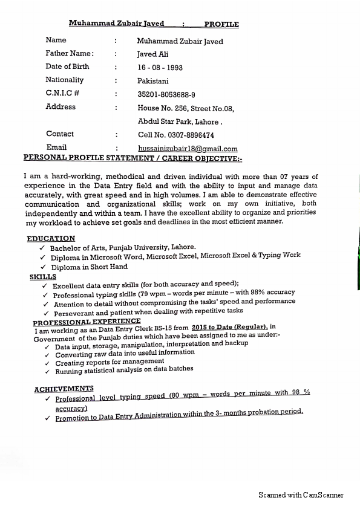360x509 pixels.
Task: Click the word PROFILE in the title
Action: (x=221, y=25)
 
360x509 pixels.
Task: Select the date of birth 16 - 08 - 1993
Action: (x=160, y=68)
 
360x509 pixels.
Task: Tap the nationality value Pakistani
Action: (x=153, y=81)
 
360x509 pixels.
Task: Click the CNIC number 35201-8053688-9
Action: (x=166, y=95)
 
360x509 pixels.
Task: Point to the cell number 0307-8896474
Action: (x=176, y=135)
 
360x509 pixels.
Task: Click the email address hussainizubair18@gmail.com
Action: (x=188, y=149)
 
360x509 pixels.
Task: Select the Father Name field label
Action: (x=70, y=53)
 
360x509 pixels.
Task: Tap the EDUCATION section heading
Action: (x=51, y=239)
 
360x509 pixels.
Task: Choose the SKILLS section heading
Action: (x=42, y=277)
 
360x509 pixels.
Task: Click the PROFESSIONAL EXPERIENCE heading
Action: (x=87, y=323)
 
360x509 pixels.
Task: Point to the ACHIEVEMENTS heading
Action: (x=64, y=389)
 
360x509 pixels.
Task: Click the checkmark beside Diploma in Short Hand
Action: (x=43, y=267)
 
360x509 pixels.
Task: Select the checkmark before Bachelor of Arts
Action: (x=42, y=248)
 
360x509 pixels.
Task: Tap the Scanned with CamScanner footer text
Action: (x=301, y=495)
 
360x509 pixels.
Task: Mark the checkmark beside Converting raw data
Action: (x=47, y=355)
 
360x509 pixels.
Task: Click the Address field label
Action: (x=61, y=107)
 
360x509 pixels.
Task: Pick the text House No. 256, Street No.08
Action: (x=185, y=109)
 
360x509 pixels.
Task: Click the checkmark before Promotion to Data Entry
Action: (x=47, y=418)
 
